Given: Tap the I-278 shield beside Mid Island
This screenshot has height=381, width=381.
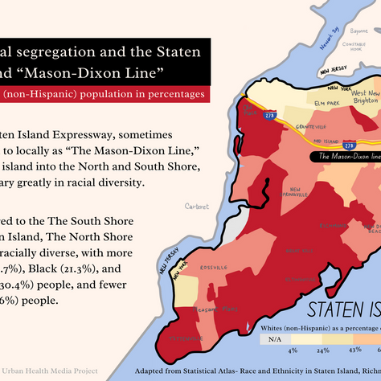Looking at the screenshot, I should click(349, 144).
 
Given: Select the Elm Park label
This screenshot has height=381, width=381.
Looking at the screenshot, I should click(327, 104).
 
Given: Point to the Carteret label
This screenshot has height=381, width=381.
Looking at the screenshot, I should click(196, 206).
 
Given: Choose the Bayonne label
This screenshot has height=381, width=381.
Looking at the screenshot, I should click(357, 31).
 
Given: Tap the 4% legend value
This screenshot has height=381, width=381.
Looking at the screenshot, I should click(293, 350).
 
